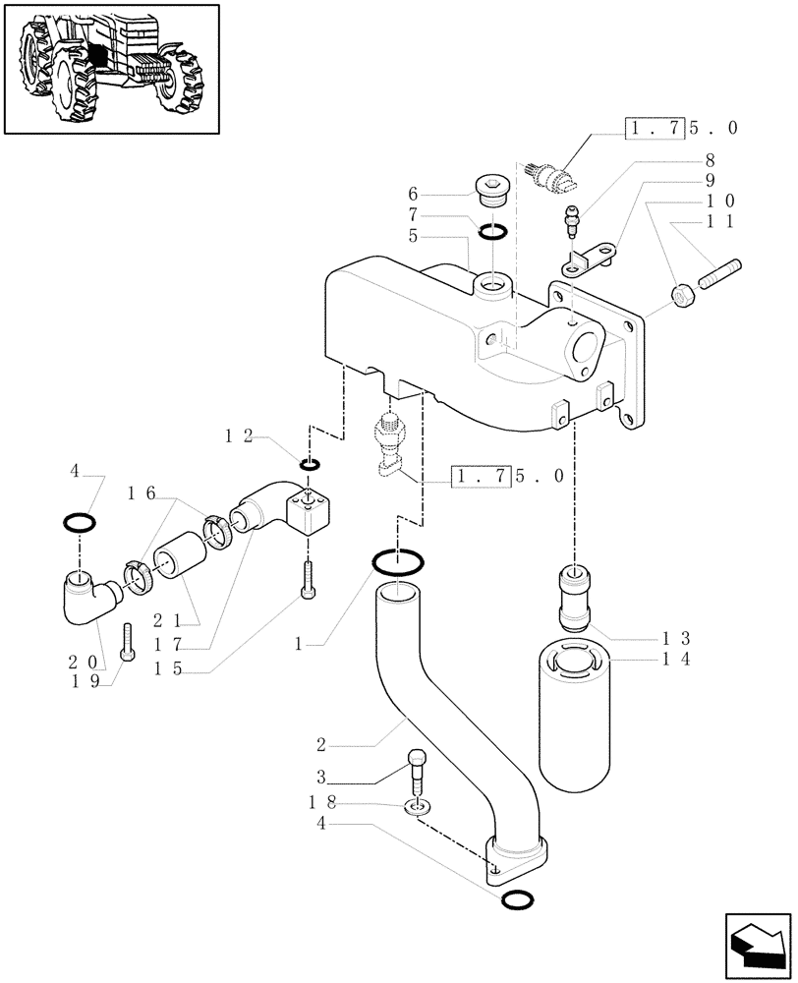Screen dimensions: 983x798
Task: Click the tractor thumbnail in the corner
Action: [x=110, y=69]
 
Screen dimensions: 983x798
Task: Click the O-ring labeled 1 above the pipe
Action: [x=398, y=563]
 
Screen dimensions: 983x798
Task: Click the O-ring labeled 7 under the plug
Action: [x=493, y=231]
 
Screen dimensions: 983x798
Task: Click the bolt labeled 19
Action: [x=127, y=642]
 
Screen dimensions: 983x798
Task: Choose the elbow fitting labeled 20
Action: [x=85, y=599]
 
